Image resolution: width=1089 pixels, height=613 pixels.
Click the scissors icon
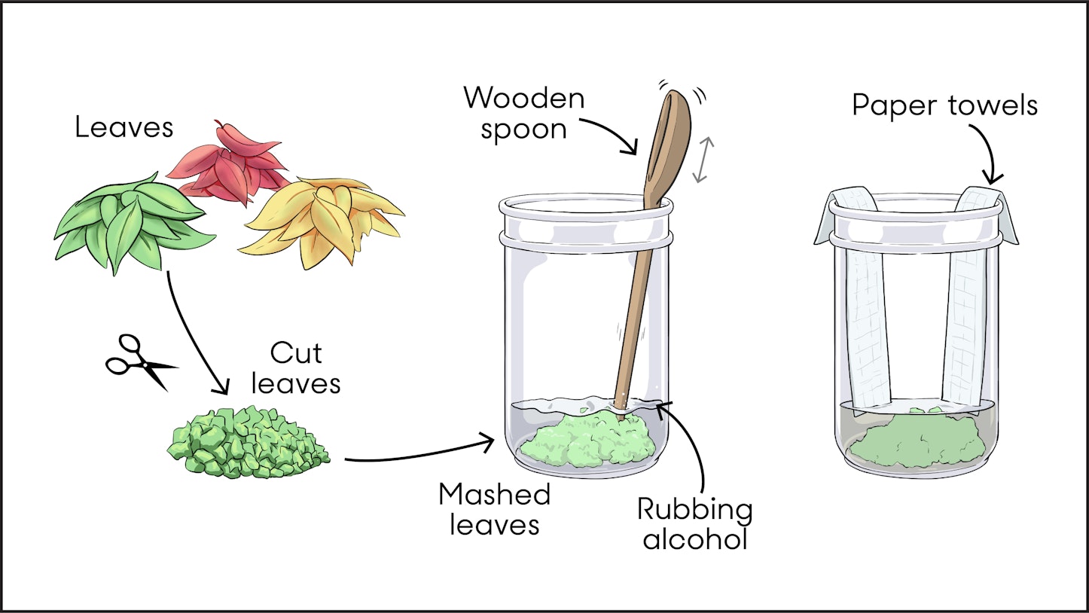pos(139,363)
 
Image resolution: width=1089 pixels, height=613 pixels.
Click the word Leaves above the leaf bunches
pos(124,127)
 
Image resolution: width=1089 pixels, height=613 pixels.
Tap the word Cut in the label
pos(295,353)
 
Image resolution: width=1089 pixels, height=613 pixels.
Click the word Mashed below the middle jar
pos(494,495)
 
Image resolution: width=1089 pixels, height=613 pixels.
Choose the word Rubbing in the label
pos(694,510)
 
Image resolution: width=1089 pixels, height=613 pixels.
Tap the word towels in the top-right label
pos(994,105)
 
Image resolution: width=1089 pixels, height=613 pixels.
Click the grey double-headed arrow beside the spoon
pos(702,160)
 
